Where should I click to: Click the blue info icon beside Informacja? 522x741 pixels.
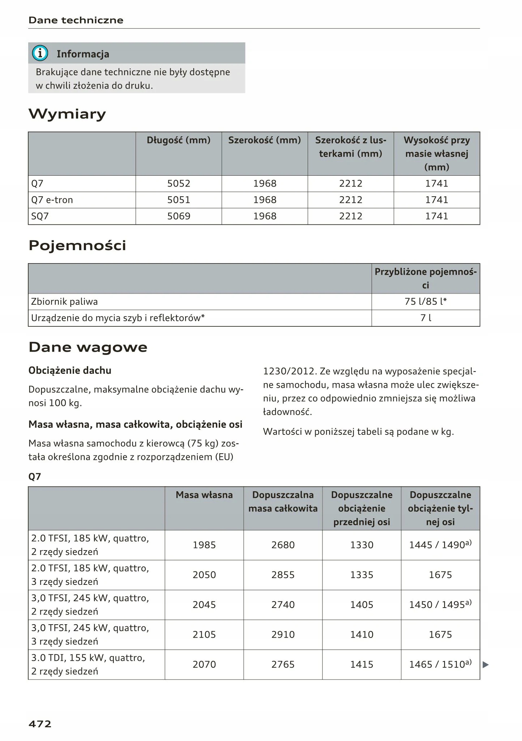pos(40,53)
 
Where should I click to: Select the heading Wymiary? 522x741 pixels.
pos(67,114)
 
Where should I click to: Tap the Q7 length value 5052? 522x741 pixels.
pos(179,184)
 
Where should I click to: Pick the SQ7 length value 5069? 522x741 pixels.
pos(179,216)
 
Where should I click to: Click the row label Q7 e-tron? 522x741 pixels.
pos(52,200)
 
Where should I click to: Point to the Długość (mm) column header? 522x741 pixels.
pos(179,140)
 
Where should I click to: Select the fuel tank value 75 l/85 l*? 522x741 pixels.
pos(425,301)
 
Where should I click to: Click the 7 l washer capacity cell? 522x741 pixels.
pos(425,318)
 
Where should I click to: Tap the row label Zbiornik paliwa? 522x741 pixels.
pos(64,301)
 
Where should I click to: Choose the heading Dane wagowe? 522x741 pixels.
pos(88,347)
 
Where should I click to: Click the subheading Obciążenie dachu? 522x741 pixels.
pos(70,370)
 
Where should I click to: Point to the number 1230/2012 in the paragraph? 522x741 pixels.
pos(289,371)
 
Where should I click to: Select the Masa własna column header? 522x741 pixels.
pos(204,495)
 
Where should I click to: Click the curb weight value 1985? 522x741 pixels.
pos(204,545)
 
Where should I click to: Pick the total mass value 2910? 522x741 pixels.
pos(283,634)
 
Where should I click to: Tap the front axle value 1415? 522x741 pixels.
pos(362,664)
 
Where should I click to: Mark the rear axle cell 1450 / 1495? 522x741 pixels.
pos(440,605)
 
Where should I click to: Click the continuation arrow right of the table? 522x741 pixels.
pos(485,664)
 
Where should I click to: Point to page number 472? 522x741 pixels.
pos(40,724)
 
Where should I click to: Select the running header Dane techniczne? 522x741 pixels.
pos(76,20)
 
